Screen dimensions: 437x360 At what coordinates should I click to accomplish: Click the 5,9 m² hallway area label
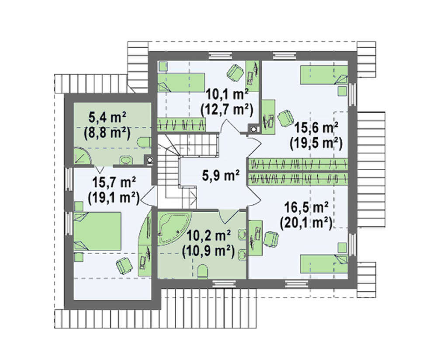[x=220, y=175]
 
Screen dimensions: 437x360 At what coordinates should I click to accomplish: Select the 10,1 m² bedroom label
[x=227, y=94]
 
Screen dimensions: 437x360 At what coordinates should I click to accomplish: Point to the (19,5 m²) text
[x=316, y=143]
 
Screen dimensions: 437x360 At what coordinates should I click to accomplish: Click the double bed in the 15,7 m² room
[x=97, y=231]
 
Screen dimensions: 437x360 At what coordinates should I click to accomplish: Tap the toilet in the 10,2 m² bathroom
[x=202, y=272]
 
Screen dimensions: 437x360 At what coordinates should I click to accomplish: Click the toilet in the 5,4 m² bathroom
[x=144, y=142]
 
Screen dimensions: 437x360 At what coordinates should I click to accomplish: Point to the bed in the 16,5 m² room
[x=324, y=264]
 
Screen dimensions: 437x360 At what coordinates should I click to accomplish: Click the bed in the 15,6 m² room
[x=324, y=75]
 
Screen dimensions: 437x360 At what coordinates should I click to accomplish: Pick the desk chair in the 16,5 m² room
[x=271, y=239]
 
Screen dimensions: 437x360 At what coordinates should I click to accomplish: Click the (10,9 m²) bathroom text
[x=208, y=251]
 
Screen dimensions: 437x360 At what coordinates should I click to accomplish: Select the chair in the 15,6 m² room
[x=285, y=118]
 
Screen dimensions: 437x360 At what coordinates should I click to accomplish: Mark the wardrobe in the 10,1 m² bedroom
[x=181, y=125]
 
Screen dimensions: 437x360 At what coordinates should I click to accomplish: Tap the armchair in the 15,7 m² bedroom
[x=124, y=266]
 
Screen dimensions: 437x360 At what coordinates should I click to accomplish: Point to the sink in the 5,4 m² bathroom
[x=127, y=160]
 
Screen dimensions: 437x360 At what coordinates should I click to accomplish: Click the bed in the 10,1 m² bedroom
[x=181, y=83]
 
